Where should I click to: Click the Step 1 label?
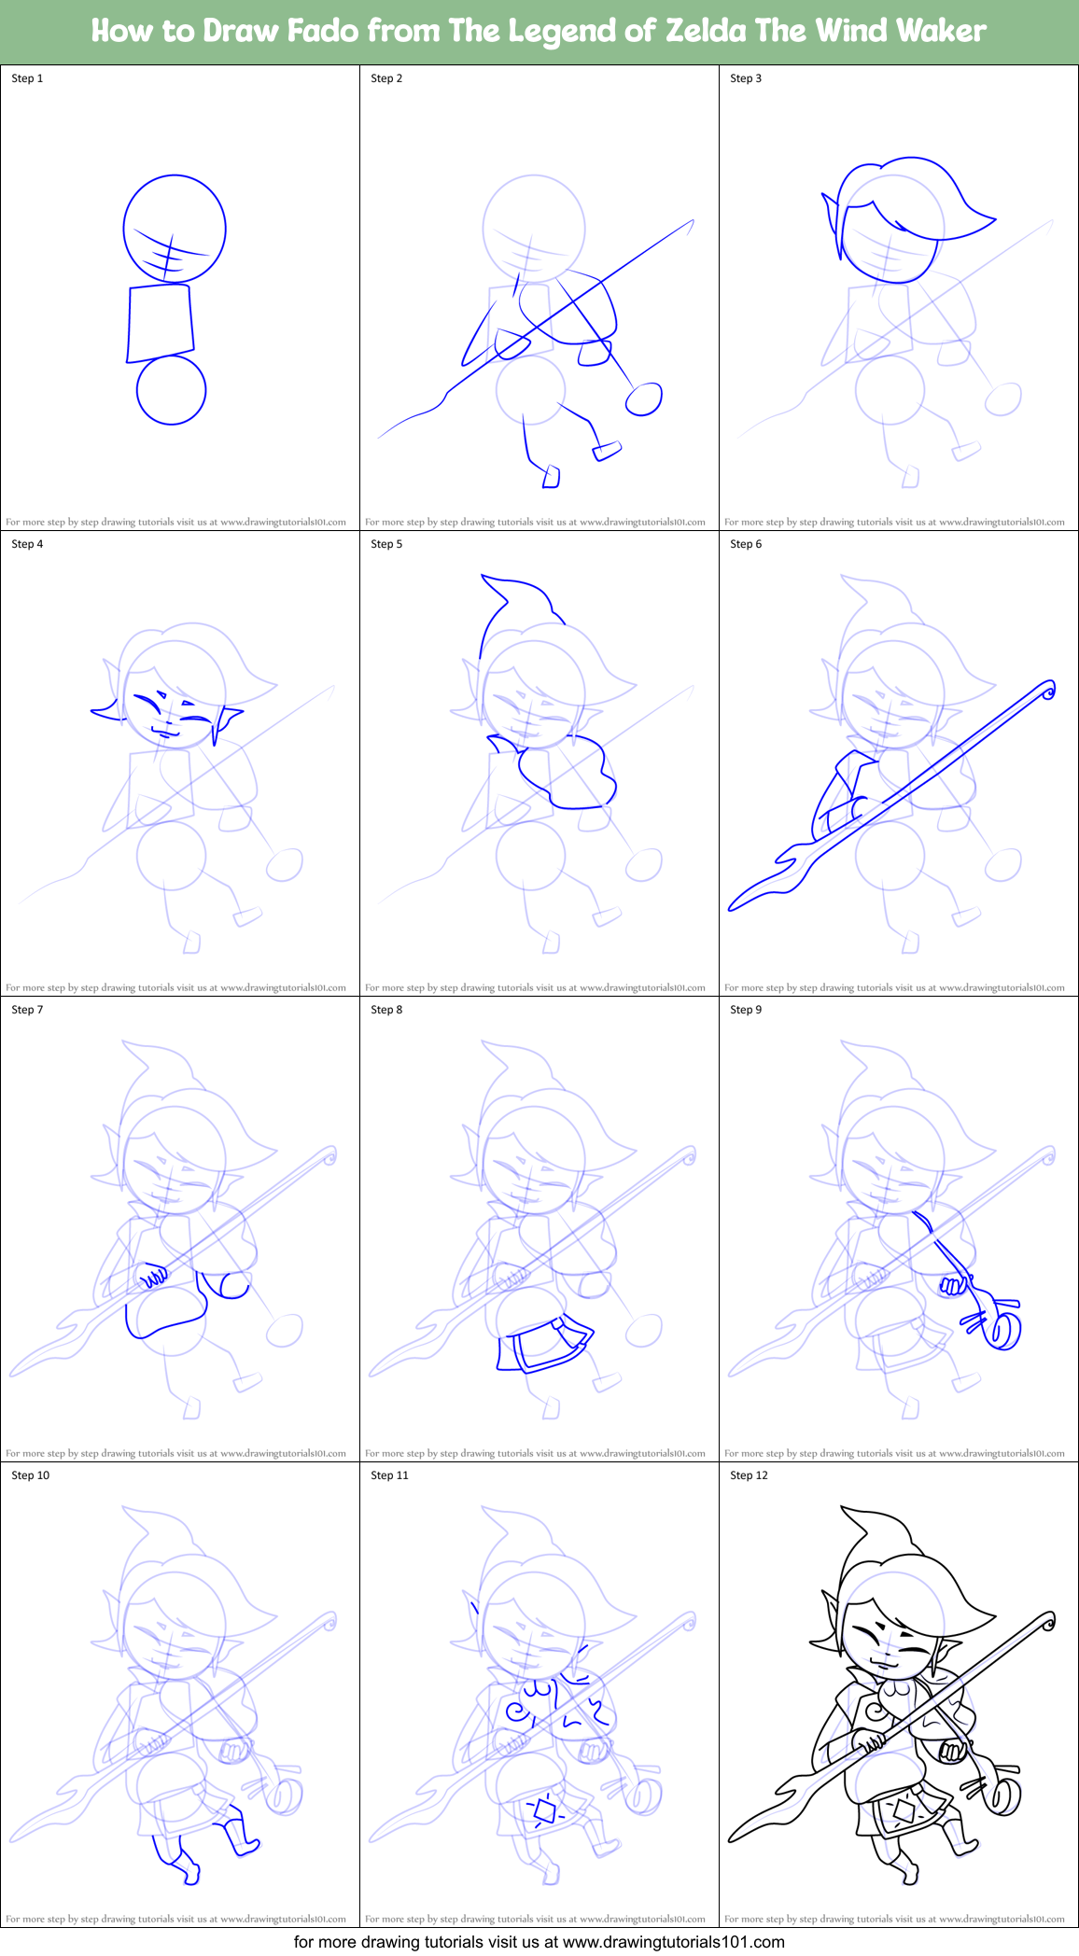[27, 78]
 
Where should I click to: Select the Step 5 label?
[386, 544]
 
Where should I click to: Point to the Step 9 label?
[746, 1010]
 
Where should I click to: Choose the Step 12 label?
[749, 1475]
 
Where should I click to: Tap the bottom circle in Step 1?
[171, 390]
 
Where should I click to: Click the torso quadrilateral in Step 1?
[161, 323]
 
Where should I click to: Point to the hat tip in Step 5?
[484, 580]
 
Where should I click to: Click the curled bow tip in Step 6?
[1048, 691]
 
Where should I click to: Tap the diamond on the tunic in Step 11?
[544, 1812]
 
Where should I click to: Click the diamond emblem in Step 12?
[904, 1811]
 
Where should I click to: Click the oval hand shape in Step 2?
[643, 399]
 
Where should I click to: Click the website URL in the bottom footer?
[673, 1942]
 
